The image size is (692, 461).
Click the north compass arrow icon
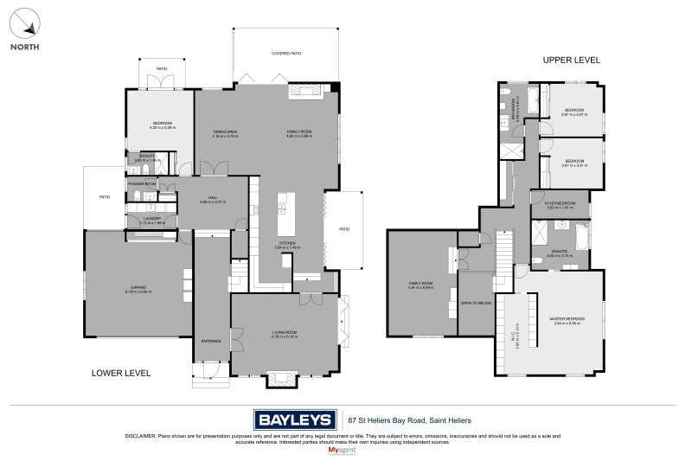click(23, 22)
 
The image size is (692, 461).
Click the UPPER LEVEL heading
click(571, 60)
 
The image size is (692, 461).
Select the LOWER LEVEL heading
click(122, 373)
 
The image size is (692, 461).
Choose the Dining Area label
click(226, 131)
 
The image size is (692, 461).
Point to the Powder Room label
click(142, 184)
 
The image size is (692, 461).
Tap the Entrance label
click(211, 340)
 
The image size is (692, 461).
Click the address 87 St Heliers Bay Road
click(403, 420)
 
